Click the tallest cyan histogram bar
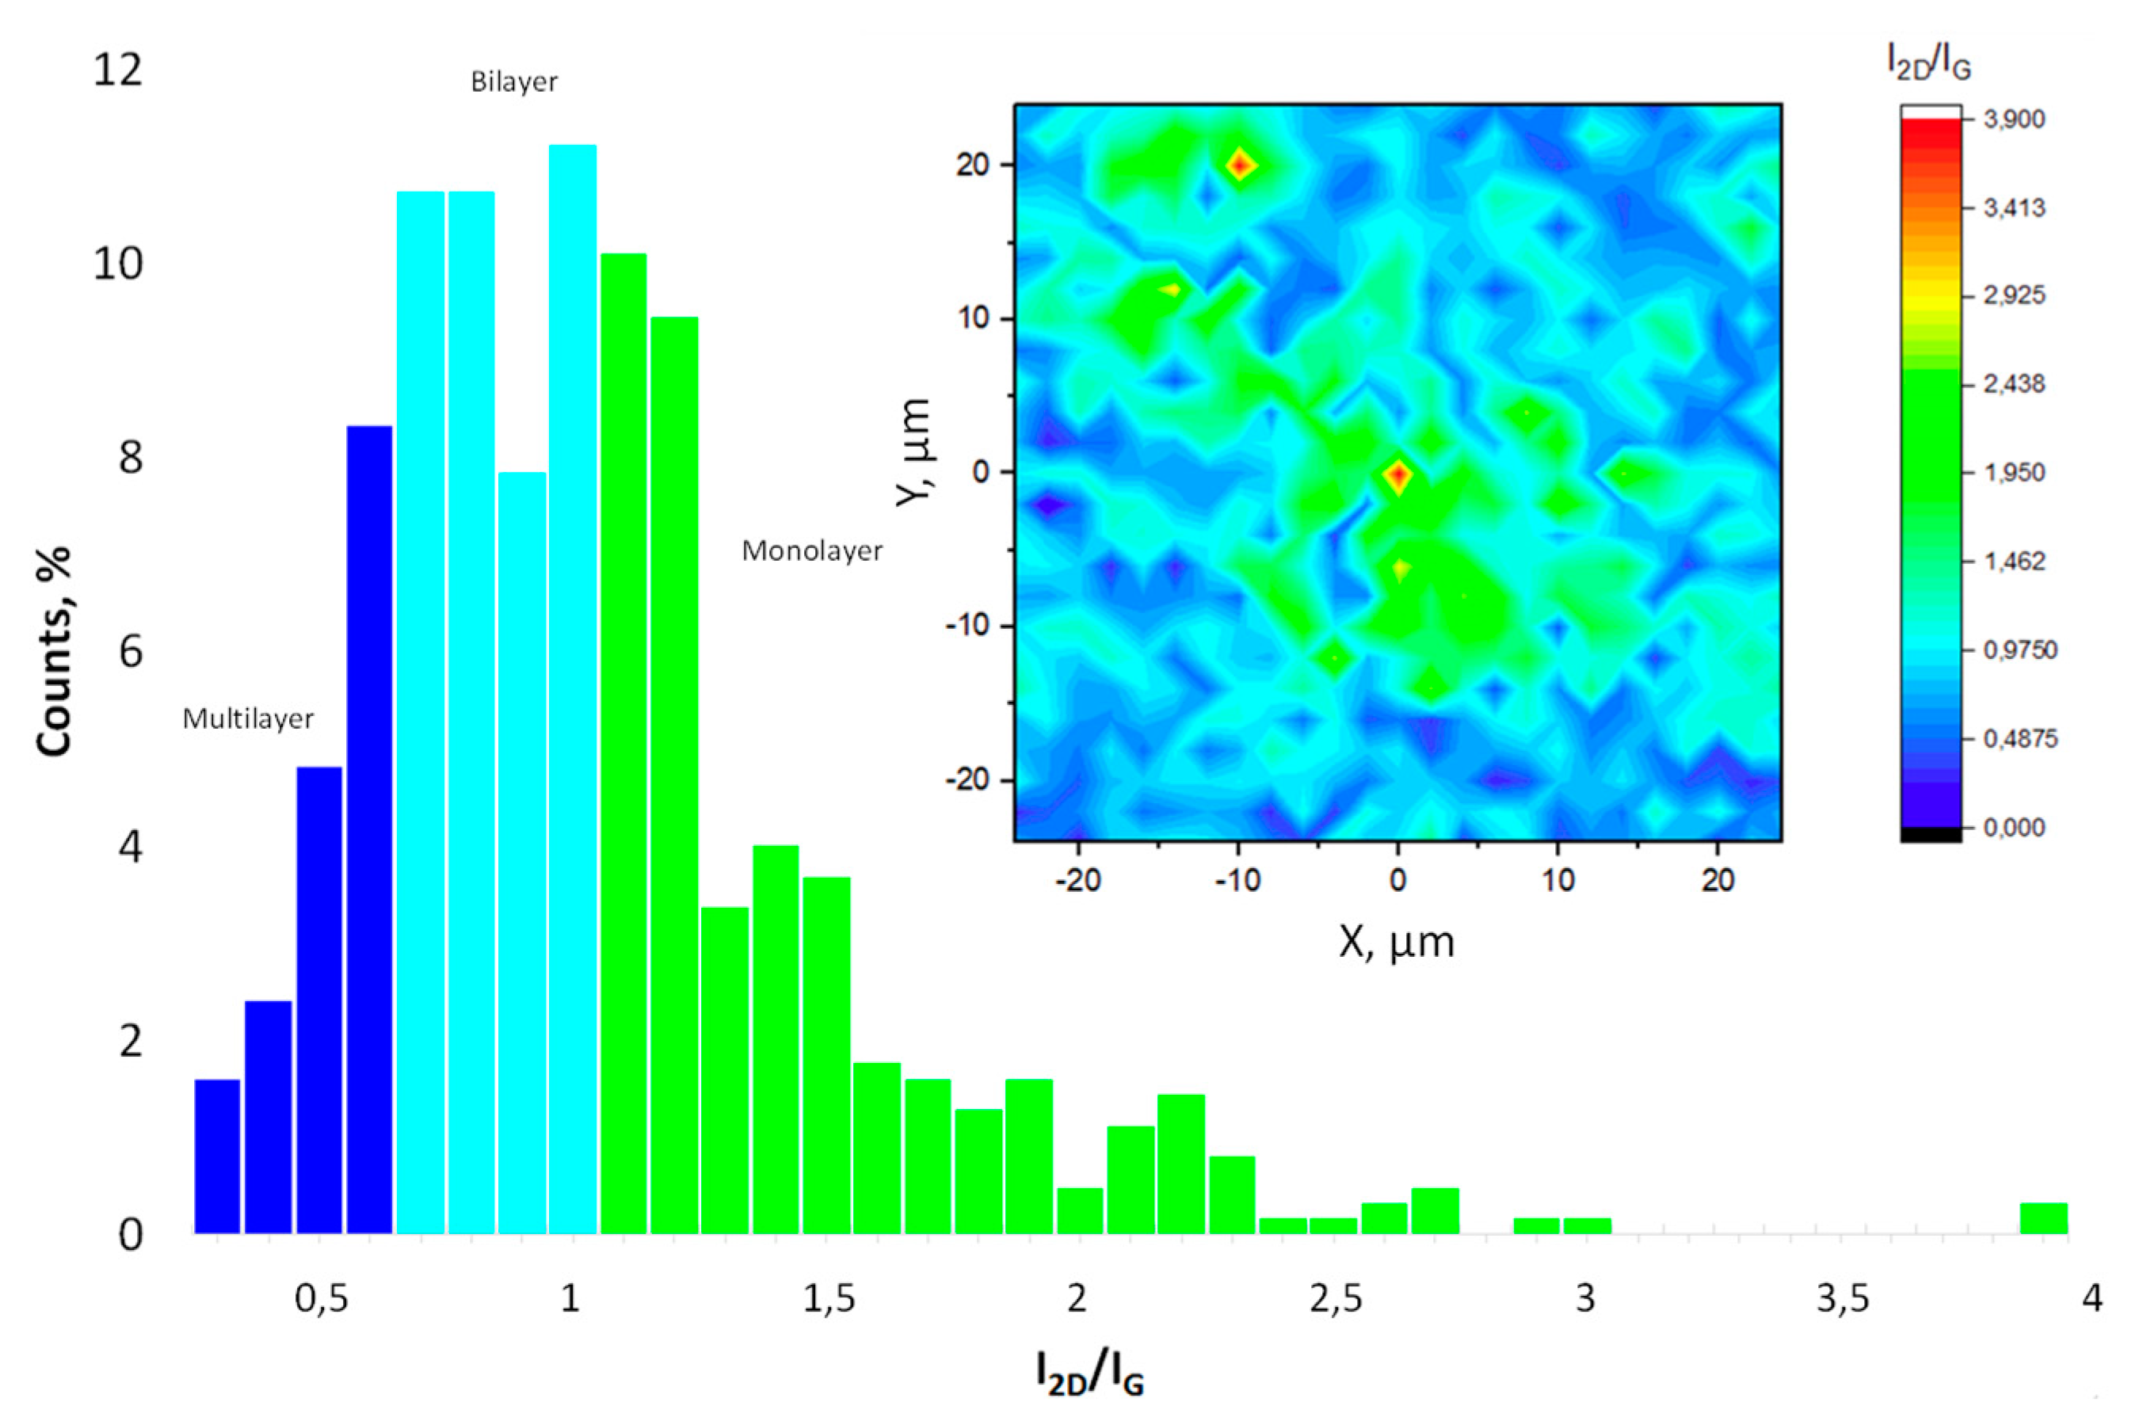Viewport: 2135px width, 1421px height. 572,689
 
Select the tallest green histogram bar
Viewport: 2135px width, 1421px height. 623,743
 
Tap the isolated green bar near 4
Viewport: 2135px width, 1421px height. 2043,1218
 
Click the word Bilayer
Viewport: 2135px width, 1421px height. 514,82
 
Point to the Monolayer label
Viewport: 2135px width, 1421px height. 811,551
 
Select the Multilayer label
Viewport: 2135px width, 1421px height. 247,718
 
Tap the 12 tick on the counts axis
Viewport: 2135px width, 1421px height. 118,70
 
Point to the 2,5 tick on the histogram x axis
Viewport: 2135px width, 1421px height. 1336,1299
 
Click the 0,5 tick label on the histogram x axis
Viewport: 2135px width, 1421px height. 321,1299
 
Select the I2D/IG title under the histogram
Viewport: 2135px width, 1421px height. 1089,1372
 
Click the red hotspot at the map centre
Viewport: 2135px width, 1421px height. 1397,475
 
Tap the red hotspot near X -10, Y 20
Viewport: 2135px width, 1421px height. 1241,165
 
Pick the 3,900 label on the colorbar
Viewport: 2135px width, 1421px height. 2014,120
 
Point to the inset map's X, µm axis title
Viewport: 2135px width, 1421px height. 1397,943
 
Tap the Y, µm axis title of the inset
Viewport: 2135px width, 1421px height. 913,453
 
